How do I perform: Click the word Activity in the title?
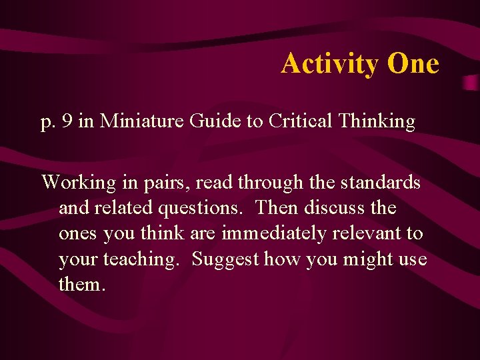(x=330, y=64)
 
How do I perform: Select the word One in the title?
(x=413, y=64)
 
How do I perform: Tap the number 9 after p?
(x=63, y=122)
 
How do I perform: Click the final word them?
(x=81, y=285)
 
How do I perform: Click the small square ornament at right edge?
(x=470, y=82)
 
